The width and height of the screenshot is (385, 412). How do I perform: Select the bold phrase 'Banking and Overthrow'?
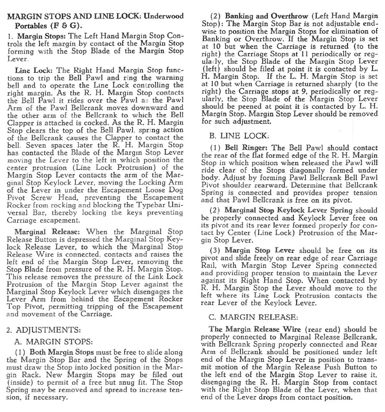coord(266,17)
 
